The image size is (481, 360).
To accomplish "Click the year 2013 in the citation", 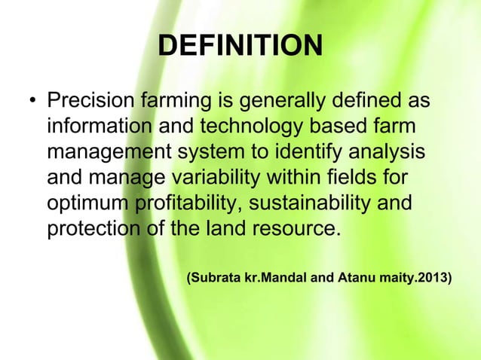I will [x=434, y=278].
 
